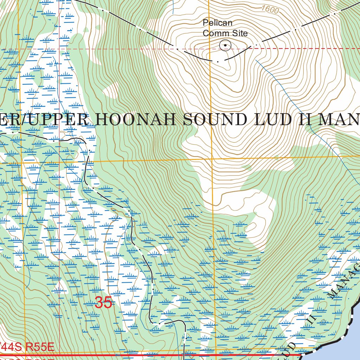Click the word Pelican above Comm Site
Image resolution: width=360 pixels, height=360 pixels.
(x=218, y=23)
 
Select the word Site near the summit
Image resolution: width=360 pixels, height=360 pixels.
(x=239, y=33)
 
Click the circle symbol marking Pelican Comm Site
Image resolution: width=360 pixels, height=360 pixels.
(x=225, y=45)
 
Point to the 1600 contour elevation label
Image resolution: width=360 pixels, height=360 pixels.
(x=270, y=10)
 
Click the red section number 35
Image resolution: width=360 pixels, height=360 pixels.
(x=103, y=303)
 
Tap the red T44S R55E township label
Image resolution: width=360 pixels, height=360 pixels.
(x=27, y=348)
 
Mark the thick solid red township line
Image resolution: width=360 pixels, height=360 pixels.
(x=141, y=355)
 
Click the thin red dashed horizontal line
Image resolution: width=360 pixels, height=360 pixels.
(x=105, y=49)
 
